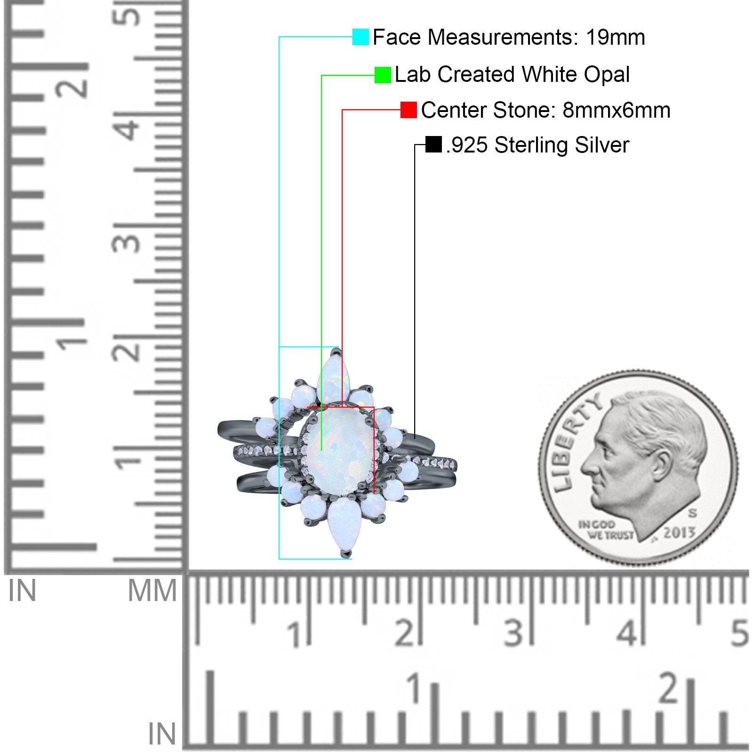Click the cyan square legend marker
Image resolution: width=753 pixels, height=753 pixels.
(x=360, y=37)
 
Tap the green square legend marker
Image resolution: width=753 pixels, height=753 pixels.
(x=383, y=75)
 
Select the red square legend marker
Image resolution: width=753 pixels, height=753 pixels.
(x=409, y=110)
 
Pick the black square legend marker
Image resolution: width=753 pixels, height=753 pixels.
(x=433, y=144)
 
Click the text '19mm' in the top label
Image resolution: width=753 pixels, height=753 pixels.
(x=615, y=37)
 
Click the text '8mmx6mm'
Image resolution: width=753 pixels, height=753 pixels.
(x=616, y=110)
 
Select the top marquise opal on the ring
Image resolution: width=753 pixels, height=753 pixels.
(x=333, y=376)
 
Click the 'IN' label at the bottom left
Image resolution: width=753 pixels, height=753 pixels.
(x=162, y=733)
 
